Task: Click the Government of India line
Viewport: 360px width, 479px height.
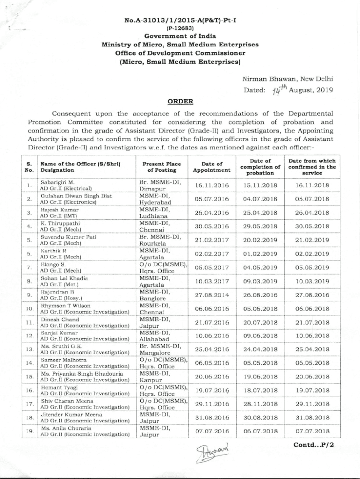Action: point(180,36)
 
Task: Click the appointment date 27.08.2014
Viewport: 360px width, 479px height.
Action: point(212,296)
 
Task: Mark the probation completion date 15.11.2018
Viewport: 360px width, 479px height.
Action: point(260,185)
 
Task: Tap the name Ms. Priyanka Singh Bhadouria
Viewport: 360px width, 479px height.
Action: point(82,374)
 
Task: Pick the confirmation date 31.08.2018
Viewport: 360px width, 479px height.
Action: point(312,417)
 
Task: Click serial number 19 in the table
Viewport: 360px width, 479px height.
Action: point(29,431)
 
